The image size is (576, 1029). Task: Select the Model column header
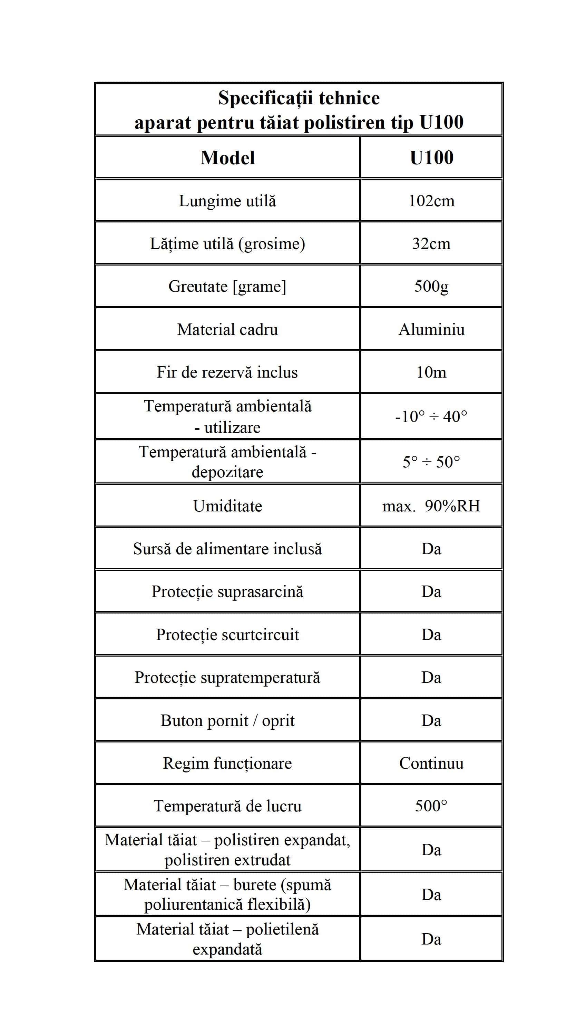pos(227,157)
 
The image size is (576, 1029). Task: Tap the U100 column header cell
pos(431,157)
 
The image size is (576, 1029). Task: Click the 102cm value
pos(431,201)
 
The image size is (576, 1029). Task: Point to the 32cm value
pos(431,243)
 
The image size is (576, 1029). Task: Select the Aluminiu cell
pos(431,330)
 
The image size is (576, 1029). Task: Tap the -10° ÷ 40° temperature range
pos(431,417)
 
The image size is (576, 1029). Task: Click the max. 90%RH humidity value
pos(431,506)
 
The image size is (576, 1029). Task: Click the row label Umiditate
pos(227,506)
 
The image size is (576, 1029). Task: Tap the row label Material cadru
pos(227,330)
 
